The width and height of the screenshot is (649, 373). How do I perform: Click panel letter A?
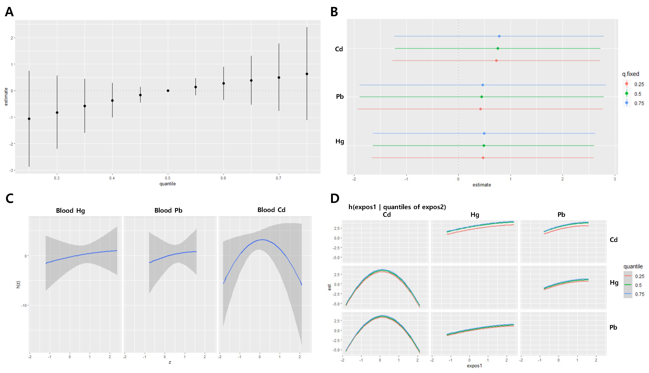9,12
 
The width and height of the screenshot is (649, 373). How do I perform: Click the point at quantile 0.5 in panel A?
168,91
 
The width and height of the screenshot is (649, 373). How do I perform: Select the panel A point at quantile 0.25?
29,119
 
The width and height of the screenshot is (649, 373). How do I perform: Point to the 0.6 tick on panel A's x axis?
223,178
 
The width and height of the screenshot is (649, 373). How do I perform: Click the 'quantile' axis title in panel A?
167,184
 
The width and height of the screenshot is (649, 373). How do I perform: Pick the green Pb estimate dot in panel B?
482,97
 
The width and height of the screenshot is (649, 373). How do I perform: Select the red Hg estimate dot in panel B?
483,158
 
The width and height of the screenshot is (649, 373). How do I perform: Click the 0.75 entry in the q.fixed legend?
639,103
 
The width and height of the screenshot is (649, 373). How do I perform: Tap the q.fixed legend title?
631,74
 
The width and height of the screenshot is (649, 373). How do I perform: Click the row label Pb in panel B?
340,97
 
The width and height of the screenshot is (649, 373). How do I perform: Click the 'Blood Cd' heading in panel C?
271,210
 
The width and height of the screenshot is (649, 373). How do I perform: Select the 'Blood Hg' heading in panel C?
70,211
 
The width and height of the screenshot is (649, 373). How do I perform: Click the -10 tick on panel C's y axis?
24,305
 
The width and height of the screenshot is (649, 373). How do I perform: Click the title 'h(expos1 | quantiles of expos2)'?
397,207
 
